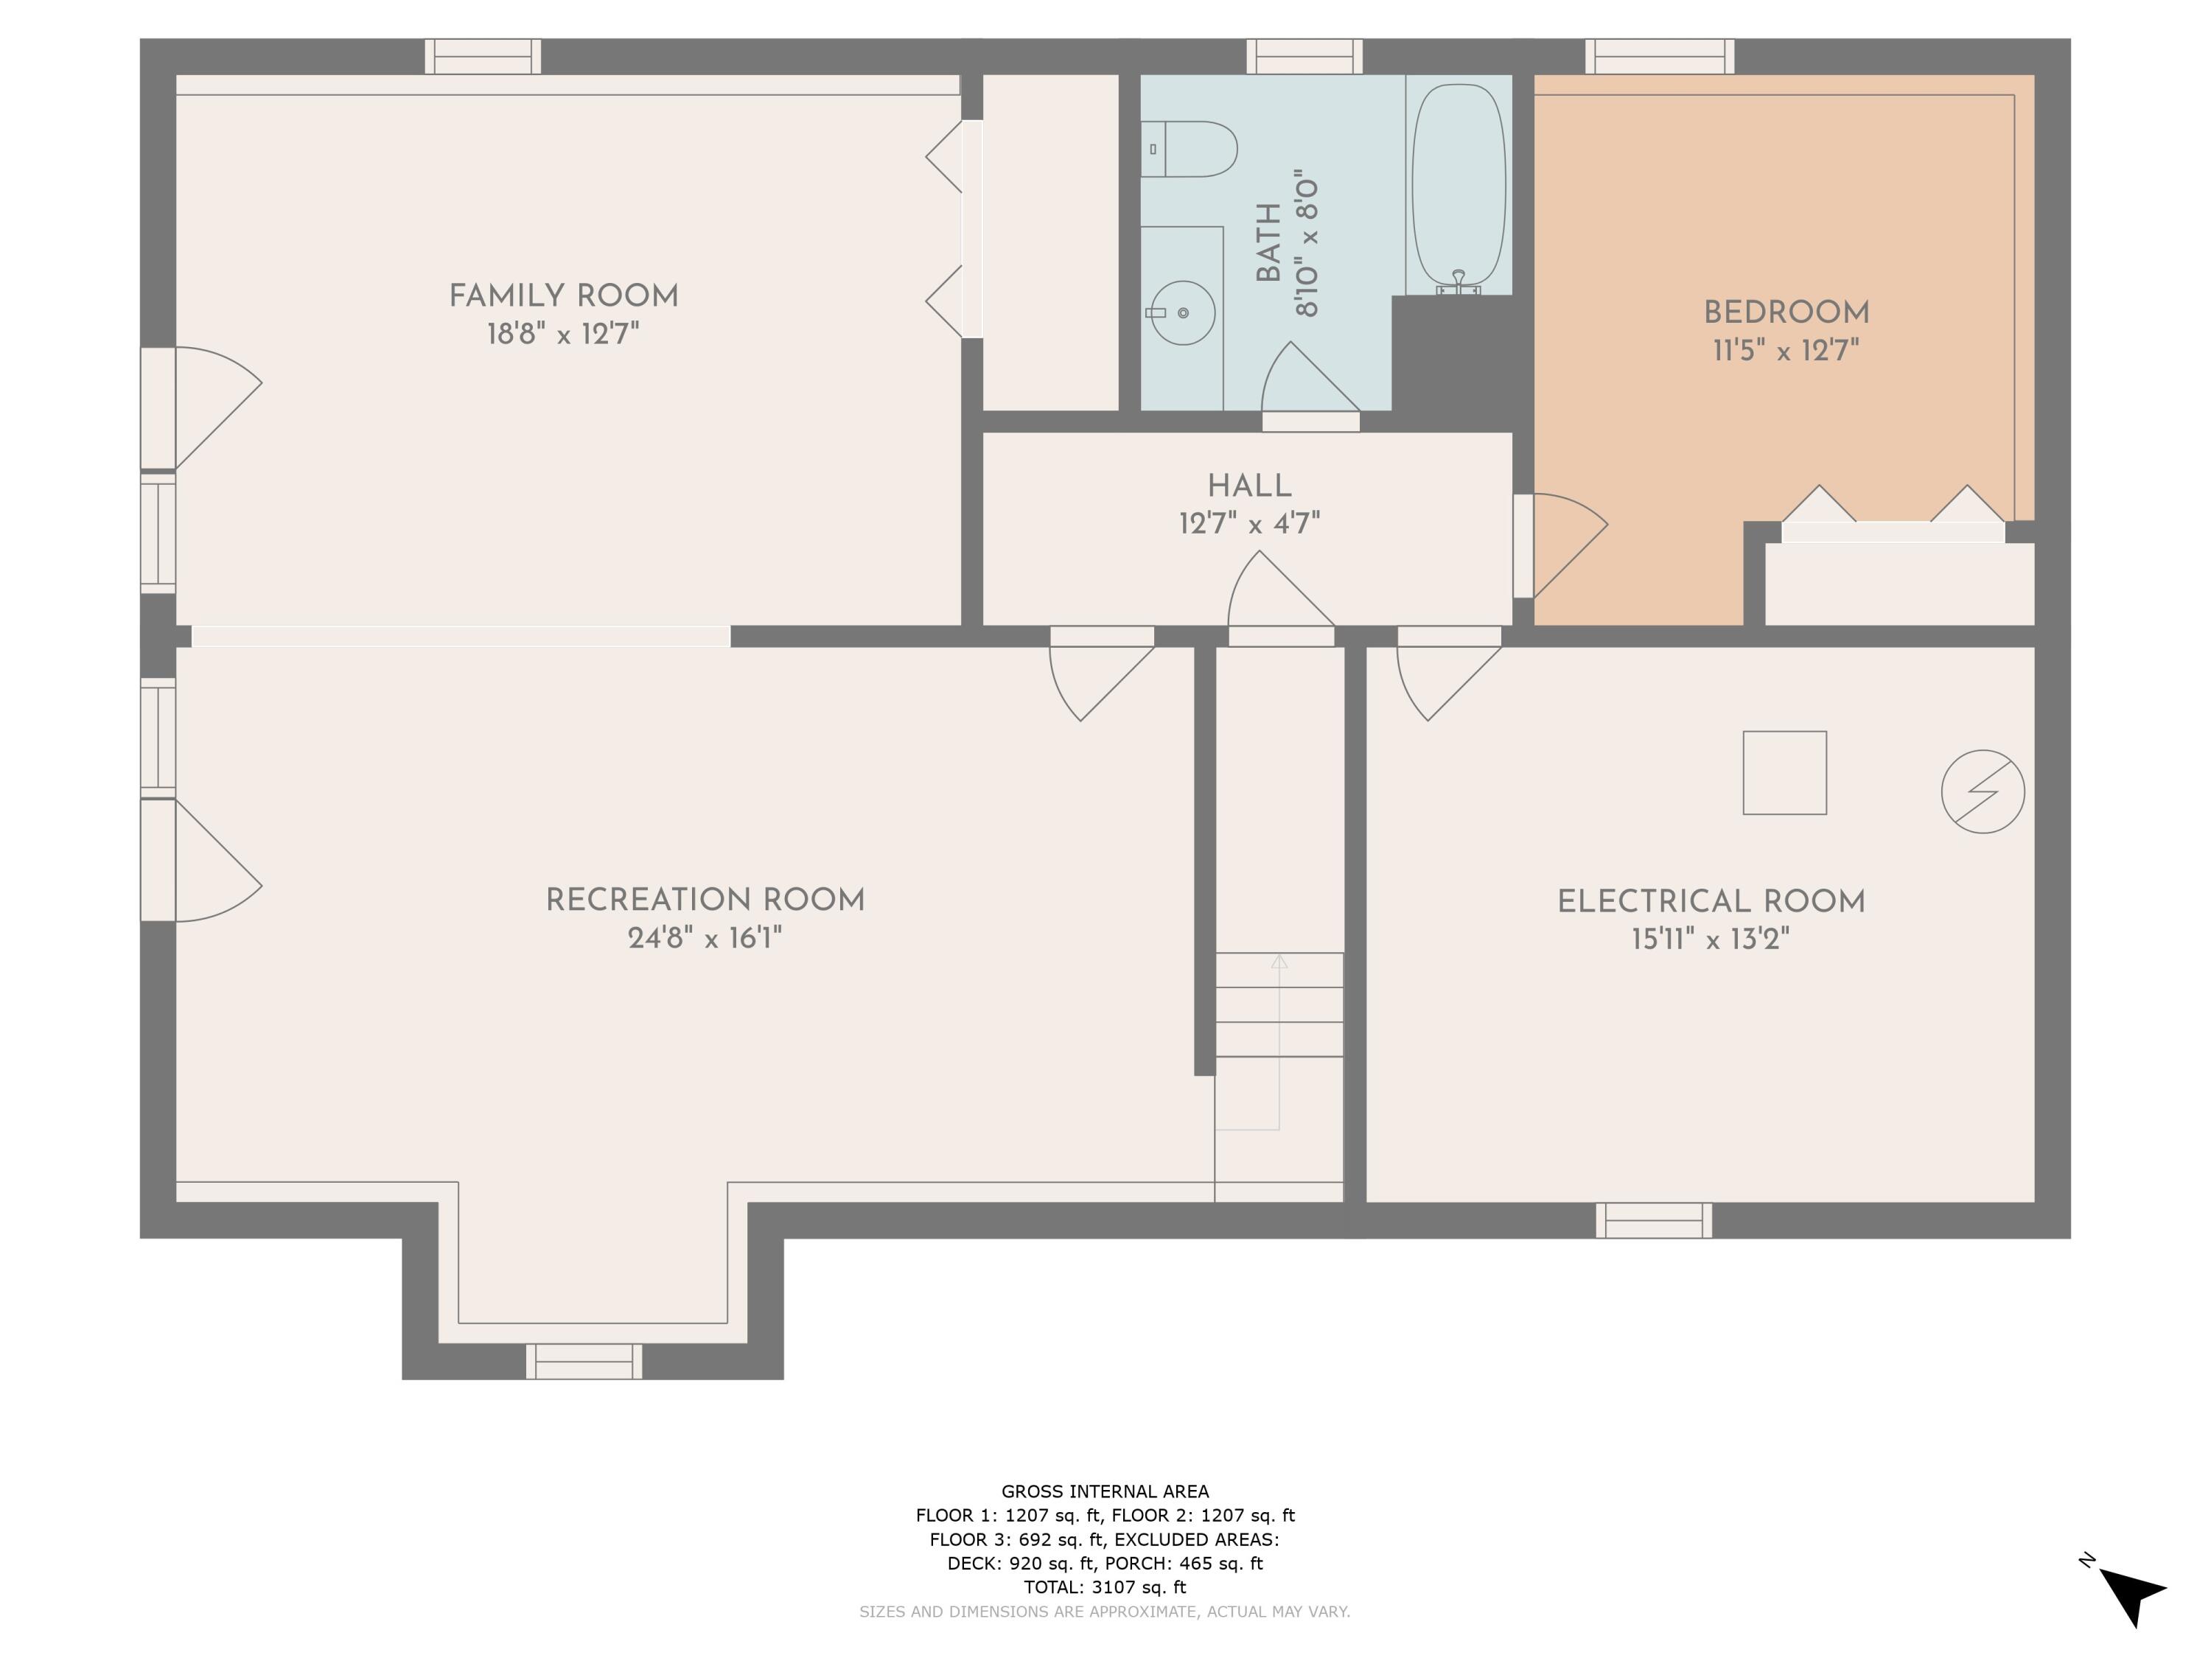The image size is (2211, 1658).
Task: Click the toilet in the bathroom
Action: (1190, 149)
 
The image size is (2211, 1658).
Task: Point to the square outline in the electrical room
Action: (1784, 772)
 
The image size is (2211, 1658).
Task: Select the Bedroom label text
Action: (1786, 313)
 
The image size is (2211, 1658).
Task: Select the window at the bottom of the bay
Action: (584, 1360)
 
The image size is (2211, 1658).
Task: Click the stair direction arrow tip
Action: (1279, 962)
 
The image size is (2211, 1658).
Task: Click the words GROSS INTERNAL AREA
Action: (1105, 1491)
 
